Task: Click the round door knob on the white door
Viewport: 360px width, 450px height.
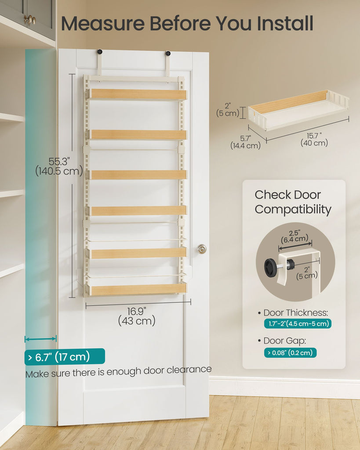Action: [x=202, y=249]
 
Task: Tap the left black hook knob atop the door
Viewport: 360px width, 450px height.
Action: [x=100, y=52]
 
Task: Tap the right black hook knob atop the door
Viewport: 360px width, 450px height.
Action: [x=168, y=53]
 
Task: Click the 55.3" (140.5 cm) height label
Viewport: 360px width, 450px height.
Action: [x=59, y=167]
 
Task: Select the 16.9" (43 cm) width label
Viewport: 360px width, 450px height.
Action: [x=137, y=316]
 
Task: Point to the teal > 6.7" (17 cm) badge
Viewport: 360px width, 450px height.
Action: [x=65, y=357]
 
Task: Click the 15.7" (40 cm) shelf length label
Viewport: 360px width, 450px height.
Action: [x=314, y=139]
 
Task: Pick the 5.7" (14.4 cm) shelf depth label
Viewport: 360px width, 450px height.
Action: [x=245, y=142]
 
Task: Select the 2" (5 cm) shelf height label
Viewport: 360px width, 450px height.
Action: [x=228, y=109]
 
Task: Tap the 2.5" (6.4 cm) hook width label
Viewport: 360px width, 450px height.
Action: [x=295, y=236]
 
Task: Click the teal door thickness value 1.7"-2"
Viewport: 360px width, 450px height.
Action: [x=298, y=324]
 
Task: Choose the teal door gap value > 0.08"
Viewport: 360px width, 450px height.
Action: [x=290, y=353]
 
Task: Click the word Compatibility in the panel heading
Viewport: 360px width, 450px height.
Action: [x=293, y=210]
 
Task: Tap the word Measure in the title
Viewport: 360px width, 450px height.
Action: [x=103, y=23]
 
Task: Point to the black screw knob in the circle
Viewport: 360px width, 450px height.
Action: [x=271, y=268]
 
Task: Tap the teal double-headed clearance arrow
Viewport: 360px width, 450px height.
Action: [x=40, y=339]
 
